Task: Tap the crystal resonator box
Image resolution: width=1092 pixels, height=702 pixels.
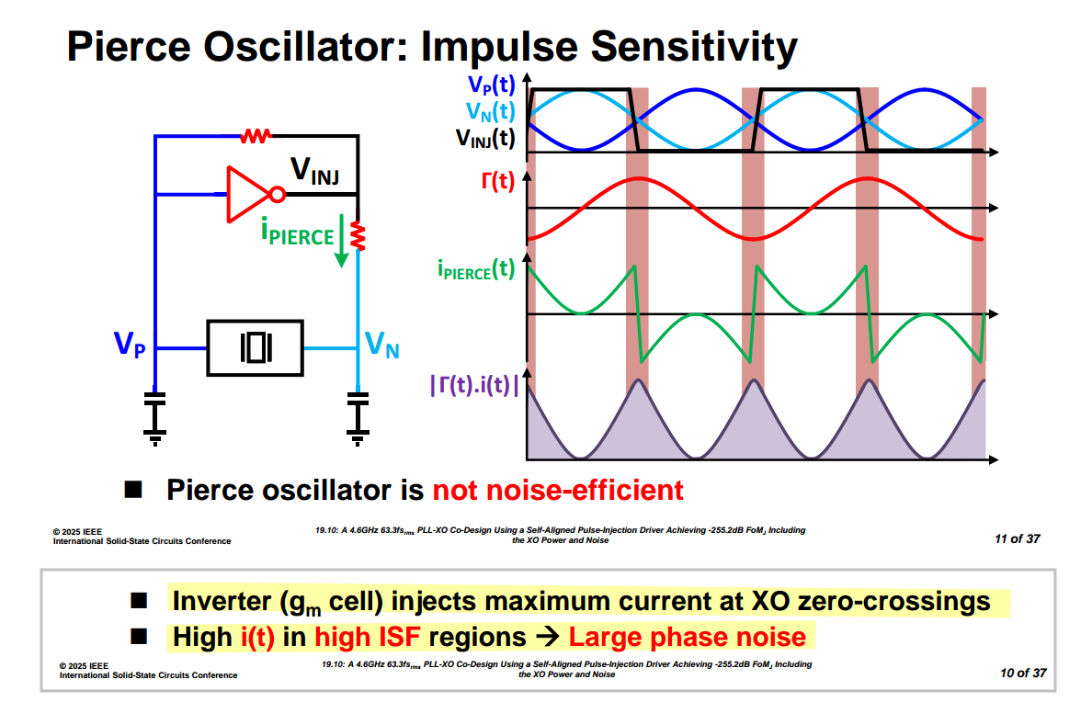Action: click(x=256, y=348)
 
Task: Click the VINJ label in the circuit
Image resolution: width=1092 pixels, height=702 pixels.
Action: click(x=315, y=170)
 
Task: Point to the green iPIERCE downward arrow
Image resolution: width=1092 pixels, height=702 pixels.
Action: click(x=342, y=241)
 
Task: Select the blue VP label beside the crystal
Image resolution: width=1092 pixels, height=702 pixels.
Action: click(x=130, y=345)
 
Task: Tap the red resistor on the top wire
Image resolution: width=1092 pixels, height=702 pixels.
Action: click(x=256, y=136)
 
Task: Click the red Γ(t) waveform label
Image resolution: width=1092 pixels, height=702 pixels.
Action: click(x=497, y=181)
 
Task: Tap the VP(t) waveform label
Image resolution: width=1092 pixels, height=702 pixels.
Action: click(x=491, y=86)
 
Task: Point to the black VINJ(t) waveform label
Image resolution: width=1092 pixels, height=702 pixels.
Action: click(x=485, y=139)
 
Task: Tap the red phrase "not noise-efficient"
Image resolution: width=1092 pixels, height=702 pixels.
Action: click(x=558, y=490)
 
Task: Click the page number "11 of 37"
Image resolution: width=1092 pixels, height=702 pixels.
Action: click(x=1017, y=538)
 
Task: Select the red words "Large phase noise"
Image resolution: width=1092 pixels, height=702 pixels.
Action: click(x=687, y=637)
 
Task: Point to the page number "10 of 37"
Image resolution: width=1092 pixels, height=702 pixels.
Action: click(x=1023, y=673)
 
